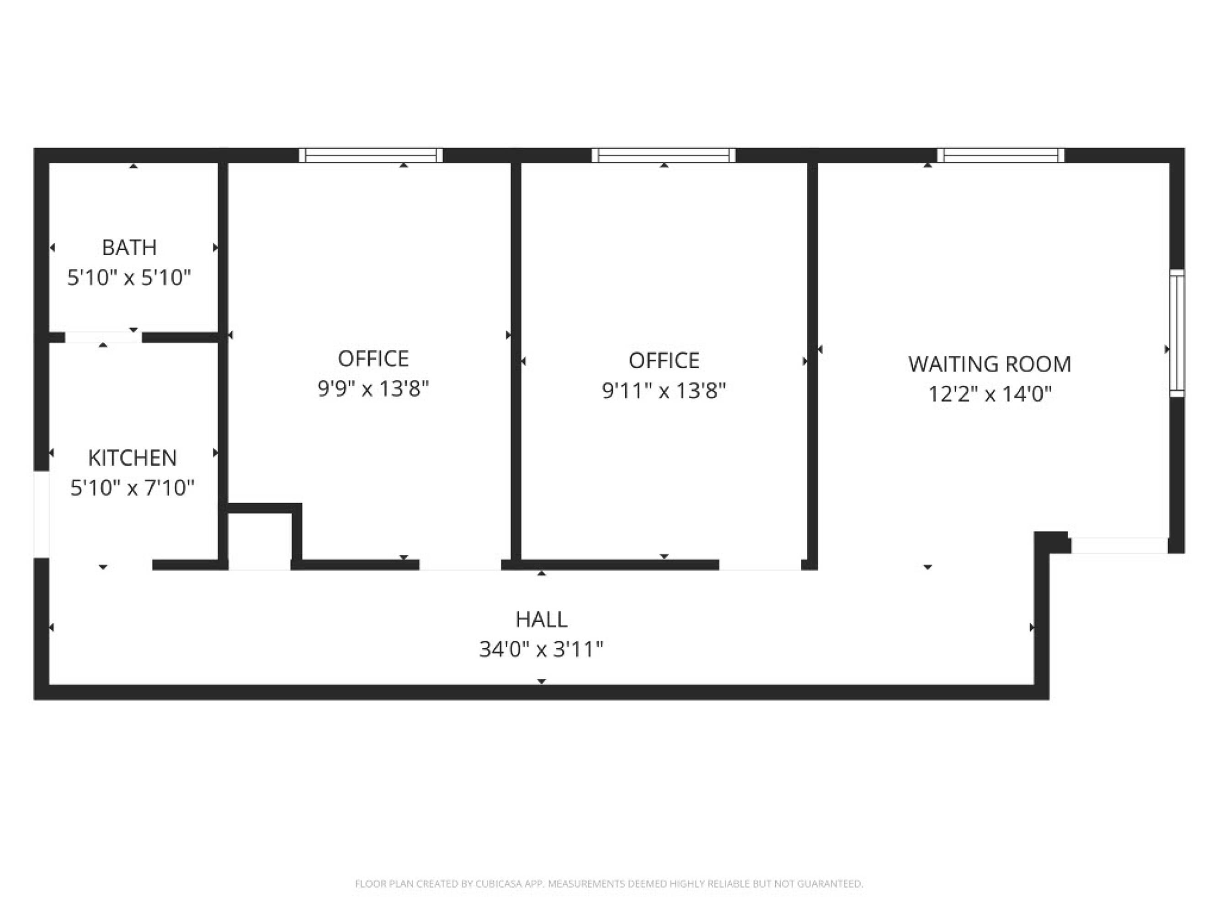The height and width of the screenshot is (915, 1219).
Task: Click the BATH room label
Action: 129,248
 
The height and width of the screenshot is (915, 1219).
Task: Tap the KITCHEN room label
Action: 132,458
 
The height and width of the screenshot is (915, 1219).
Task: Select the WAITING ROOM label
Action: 990,364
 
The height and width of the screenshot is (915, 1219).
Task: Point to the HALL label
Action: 541,619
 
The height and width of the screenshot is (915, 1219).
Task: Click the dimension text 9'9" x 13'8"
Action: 373,389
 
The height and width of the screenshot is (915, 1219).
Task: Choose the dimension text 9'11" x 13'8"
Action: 664,391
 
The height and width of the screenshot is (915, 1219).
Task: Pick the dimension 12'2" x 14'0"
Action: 990,394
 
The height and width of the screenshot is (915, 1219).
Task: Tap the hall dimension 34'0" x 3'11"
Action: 541,649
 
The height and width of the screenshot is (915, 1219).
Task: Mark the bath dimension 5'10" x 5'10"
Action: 129,277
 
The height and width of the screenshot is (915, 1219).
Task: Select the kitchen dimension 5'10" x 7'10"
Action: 132,488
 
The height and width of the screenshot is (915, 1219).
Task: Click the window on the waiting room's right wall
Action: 1176,333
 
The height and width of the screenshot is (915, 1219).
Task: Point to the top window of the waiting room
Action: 1001,156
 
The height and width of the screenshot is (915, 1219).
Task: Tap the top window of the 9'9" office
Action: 371,156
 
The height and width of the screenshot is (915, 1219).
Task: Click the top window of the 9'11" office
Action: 664,156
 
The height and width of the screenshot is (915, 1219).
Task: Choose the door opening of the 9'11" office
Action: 760,565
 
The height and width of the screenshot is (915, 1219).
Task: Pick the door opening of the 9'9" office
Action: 460,565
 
